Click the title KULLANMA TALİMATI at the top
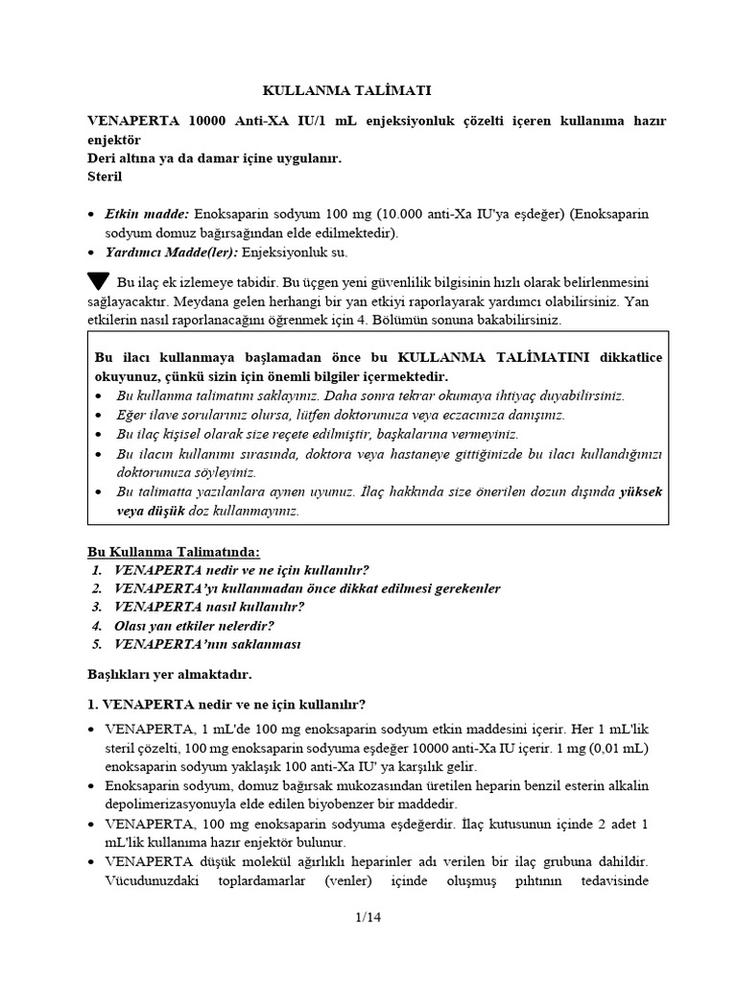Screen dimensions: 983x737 click(347, 91)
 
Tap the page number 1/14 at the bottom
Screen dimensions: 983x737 click(368, 919)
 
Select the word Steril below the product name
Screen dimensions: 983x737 click(105, 177)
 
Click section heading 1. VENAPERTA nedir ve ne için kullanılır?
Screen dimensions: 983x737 click(226, 704)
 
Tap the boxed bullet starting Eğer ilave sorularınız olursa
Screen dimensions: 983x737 click(341, 414)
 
